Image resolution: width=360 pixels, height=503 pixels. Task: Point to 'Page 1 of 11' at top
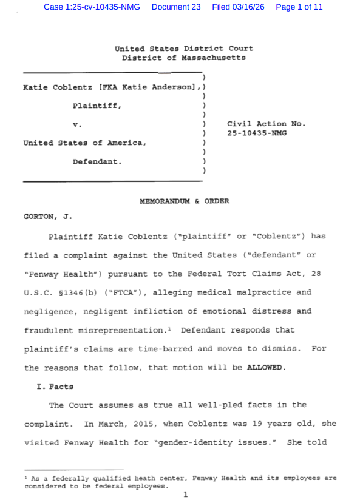299,7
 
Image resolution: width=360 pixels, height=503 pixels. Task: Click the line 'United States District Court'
184,48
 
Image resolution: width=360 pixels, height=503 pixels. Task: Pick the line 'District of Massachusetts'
184,58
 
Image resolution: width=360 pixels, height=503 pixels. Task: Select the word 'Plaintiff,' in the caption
97,106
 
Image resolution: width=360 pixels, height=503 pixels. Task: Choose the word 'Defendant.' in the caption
97,162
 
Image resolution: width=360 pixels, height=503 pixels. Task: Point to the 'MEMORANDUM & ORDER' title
185,201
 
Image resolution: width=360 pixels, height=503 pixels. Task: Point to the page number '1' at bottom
185,495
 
